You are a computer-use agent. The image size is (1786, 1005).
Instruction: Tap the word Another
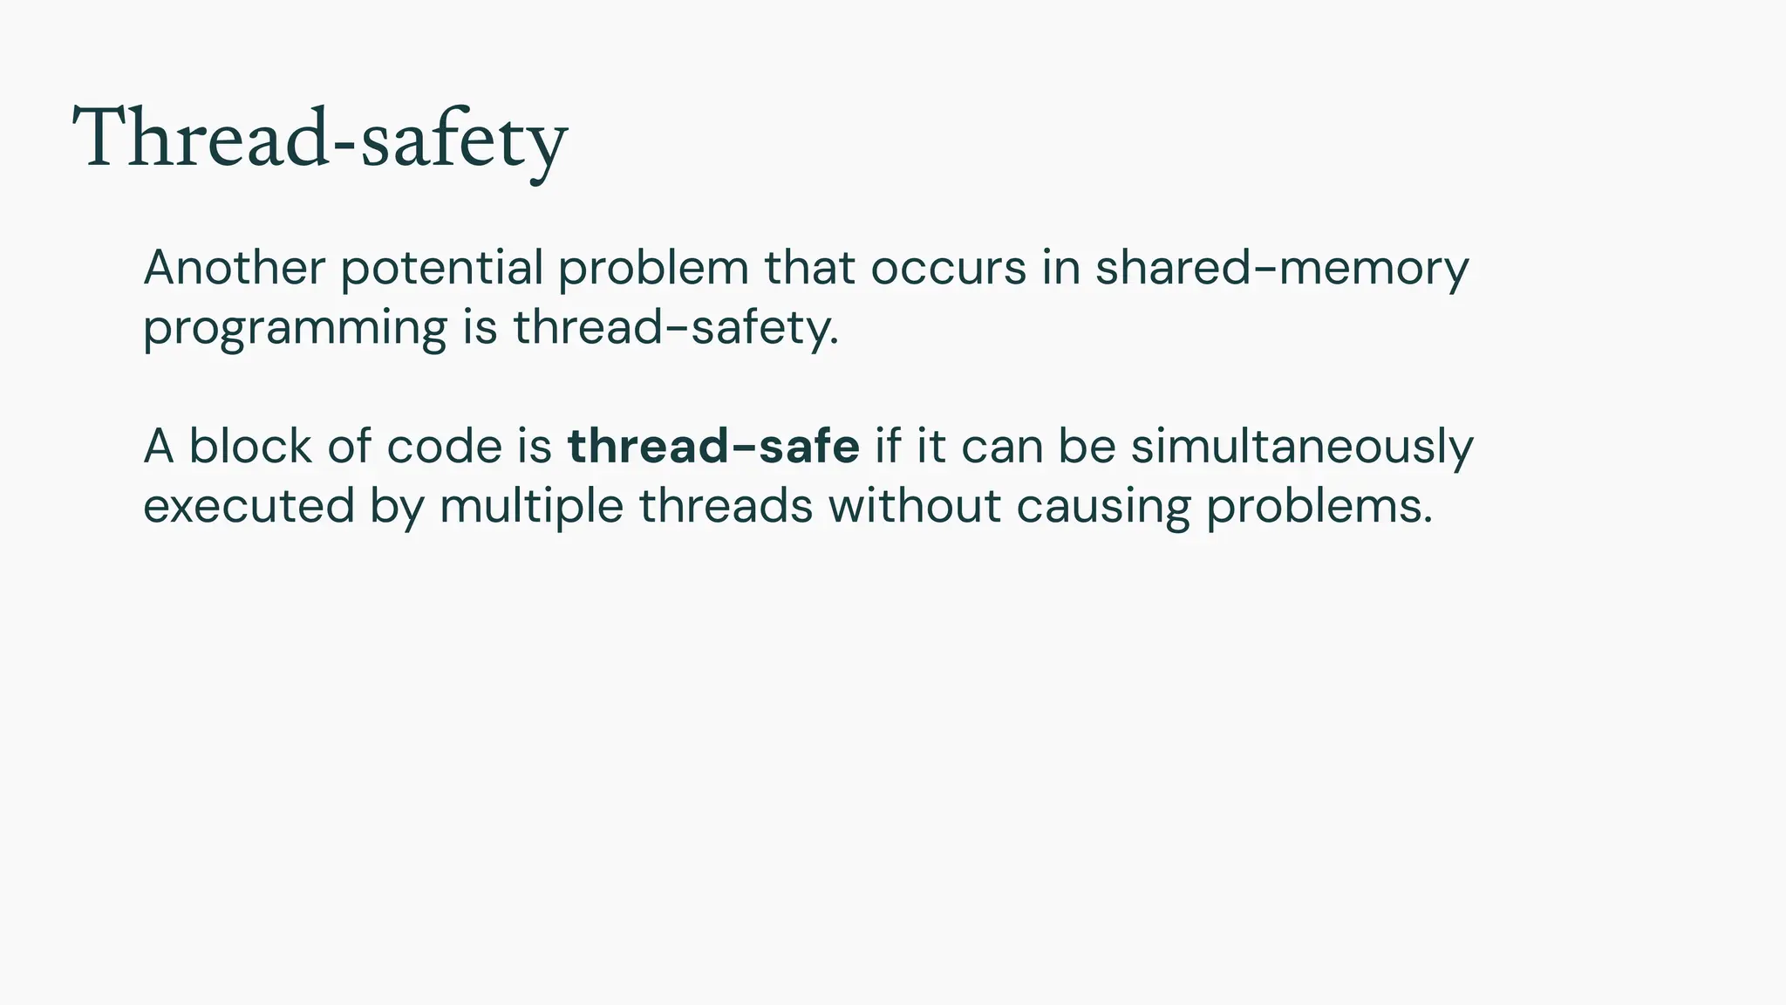click(234, 267)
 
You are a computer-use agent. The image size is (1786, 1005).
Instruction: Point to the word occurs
click(949, 267)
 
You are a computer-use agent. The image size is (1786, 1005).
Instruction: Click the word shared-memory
click(1282, 269)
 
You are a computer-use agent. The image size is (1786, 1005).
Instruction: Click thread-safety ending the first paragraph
click(675, 328)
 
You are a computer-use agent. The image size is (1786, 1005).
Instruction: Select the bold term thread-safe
click(713, 446)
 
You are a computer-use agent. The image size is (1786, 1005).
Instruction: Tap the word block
click(250, 446)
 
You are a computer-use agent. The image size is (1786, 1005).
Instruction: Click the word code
click(444, 446)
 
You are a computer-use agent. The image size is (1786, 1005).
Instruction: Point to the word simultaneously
click(1302, 448)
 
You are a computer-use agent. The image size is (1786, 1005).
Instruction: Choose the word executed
click(249, 506)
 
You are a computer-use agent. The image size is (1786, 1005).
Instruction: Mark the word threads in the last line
click(726, 506)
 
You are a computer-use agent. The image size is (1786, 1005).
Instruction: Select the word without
click(914, 506)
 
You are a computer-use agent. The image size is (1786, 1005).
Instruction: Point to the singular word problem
click(653, 269)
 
